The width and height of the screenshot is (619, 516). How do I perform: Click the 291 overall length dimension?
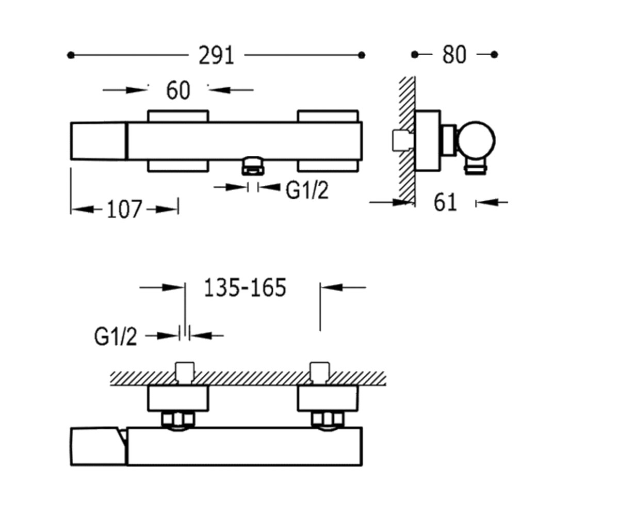[217, 55]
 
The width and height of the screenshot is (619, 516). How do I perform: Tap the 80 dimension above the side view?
[454, 55]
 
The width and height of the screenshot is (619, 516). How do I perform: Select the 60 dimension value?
[178, 90]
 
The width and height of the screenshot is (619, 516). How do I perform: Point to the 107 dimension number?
[124, 209]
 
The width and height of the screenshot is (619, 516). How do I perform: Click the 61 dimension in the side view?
[445, 203]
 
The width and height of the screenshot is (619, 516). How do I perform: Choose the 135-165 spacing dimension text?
[245, 287]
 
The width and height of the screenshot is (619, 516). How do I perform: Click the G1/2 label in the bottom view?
[116, 336]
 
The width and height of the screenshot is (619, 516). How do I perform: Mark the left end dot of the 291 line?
[71, 55]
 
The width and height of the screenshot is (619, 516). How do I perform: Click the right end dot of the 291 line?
[362, 55]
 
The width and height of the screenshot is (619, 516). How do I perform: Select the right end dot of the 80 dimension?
[494, 55]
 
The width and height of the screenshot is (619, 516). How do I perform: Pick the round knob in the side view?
[476, 140]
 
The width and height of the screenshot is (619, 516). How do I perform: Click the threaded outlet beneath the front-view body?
[253, 166]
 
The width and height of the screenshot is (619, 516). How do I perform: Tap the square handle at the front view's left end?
[99, 141]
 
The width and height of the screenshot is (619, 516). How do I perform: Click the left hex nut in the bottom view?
[178, 419]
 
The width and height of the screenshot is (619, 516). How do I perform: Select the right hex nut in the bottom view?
[328, 419]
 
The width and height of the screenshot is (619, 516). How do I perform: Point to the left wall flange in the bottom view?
[178, 398]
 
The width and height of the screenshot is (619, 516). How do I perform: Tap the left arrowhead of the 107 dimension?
[83, 209]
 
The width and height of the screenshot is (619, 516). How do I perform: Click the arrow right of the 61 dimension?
[492, 202]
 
